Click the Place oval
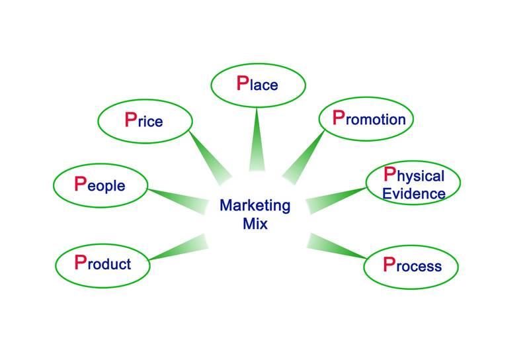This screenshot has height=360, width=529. [x=258, y=85]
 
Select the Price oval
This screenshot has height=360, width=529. [x=145, y=120]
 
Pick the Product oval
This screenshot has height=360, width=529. [x=103, y=263]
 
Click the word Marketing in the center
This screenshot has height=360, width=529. [x=255, y=205]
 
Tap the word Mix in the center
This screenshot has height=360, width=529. [x=255, y=224]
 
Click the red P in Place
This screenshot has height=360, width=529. [x=242, y=84]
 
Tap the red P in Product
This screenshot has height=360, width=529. [x=81, y=262]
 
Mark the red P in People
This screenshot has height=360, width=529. [x=81, y=183]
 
